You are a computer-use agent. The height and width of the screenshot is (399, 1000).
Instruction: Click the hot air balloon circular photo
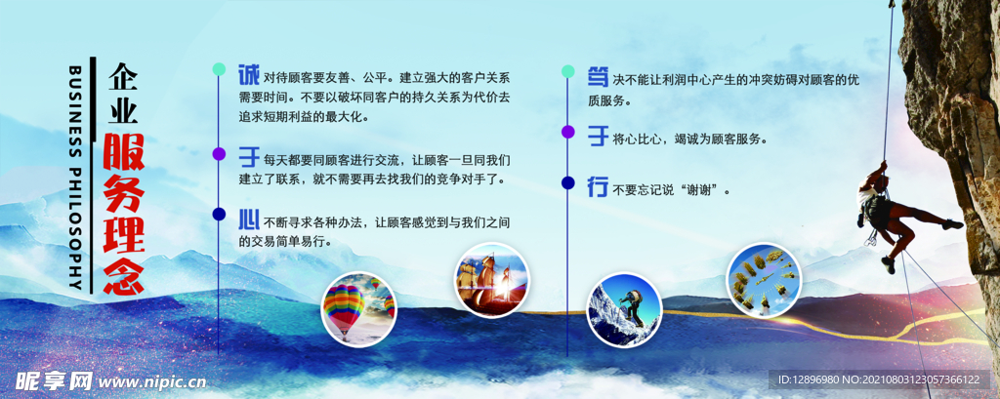(358, 308)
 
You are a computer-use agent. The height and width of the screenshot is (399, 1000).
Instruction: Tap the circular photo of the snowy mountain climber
(624, 310)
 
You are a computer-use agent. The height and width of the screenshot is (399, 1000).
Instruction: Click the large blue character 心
(248, 217)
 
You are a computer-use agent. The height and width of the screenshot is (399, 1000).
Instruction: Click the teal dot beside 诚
(220, 69)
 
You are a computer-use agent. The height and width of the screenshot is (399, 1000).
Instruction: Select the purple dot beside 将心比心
(567, 131)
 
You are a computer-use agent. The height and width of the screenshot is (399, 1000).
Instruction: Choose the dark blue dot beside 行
(567, 181)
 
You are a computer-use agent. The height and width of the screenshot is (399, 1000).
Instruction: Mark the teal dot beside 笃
(567, 71)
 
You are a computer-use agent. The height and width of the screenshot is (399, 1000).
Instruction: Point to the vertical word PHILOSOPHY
(75, 224)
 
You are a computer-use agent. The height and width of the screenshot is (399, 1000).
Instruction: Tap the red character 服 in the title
(124, 152)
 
